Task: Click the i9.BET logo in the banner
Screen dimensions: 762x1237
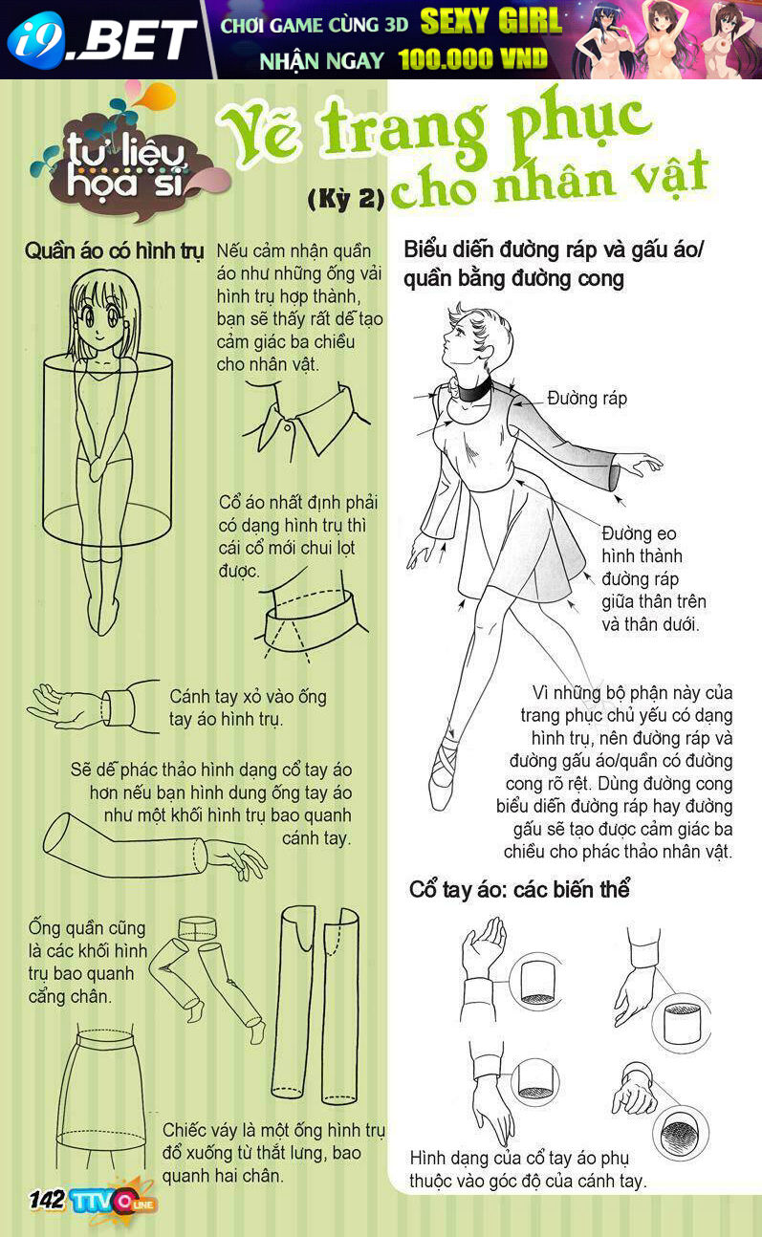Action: (102, 40)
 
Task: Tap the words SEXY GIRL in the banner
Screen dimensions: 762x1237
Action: (490, 21)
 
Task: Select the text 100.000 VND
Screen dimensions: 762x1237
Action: (472, 59)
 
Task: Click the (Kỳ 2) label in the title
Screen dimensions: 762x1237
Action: (346, 198)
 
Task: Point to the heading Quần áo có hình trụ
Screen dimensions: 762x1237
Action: (115, 251)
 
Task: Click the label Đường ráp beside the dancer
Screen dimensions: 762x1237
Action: (587, 399)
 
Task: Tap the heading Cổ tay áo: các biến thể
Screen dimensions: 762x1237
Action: (519, 890)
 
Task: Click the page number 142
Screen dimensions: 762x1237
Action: (47, 1200)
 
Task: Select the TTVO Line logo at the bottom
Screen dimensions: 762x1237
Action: (113, 1200)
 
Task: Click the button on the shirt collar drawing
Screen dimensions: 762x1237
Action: (288, 428)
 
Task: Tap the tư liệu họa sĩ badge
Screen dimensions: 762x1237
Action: (124, 161)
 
